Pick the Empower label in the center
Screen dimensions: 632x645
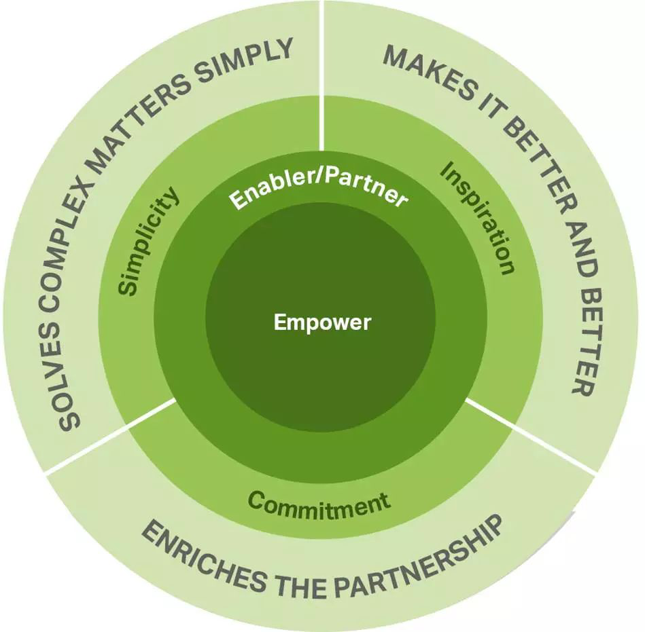point(322,322)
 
